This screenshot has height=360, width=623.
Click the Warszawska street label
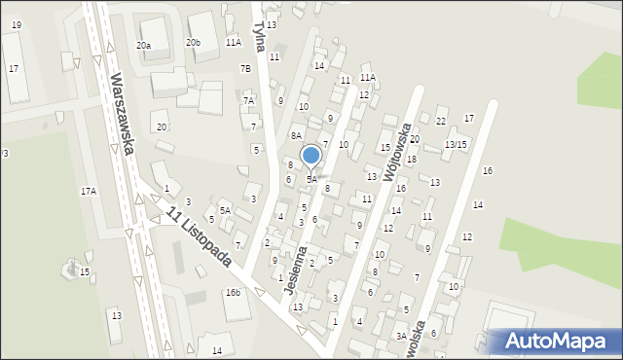coord(122,115)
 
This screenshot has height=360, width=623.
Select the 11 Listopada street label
coord(199,237)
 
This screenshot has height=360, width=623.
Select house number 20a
coord(144,46)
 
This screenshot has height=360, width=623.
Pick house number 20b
coord(194,42)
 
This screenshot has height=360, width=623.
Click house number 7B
coord(245,68)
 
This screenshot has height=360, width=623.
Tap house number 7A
coord(249,100)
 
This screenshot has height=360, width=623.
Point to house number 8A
coord(296,136)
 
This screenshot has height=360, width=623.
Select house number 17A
coord(89,192)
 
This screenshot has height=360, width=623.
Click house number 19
coord(16,24)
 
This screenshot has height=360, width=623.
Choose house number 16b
coord(233,292)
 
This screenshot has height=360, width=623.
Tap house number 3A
coord(400,335)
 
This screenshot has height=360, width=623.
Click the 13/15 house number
coord(456,144)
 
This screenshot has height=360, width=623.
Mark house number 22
coord(440,121)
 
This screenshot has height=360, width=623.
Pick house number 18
coord(412,159)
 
